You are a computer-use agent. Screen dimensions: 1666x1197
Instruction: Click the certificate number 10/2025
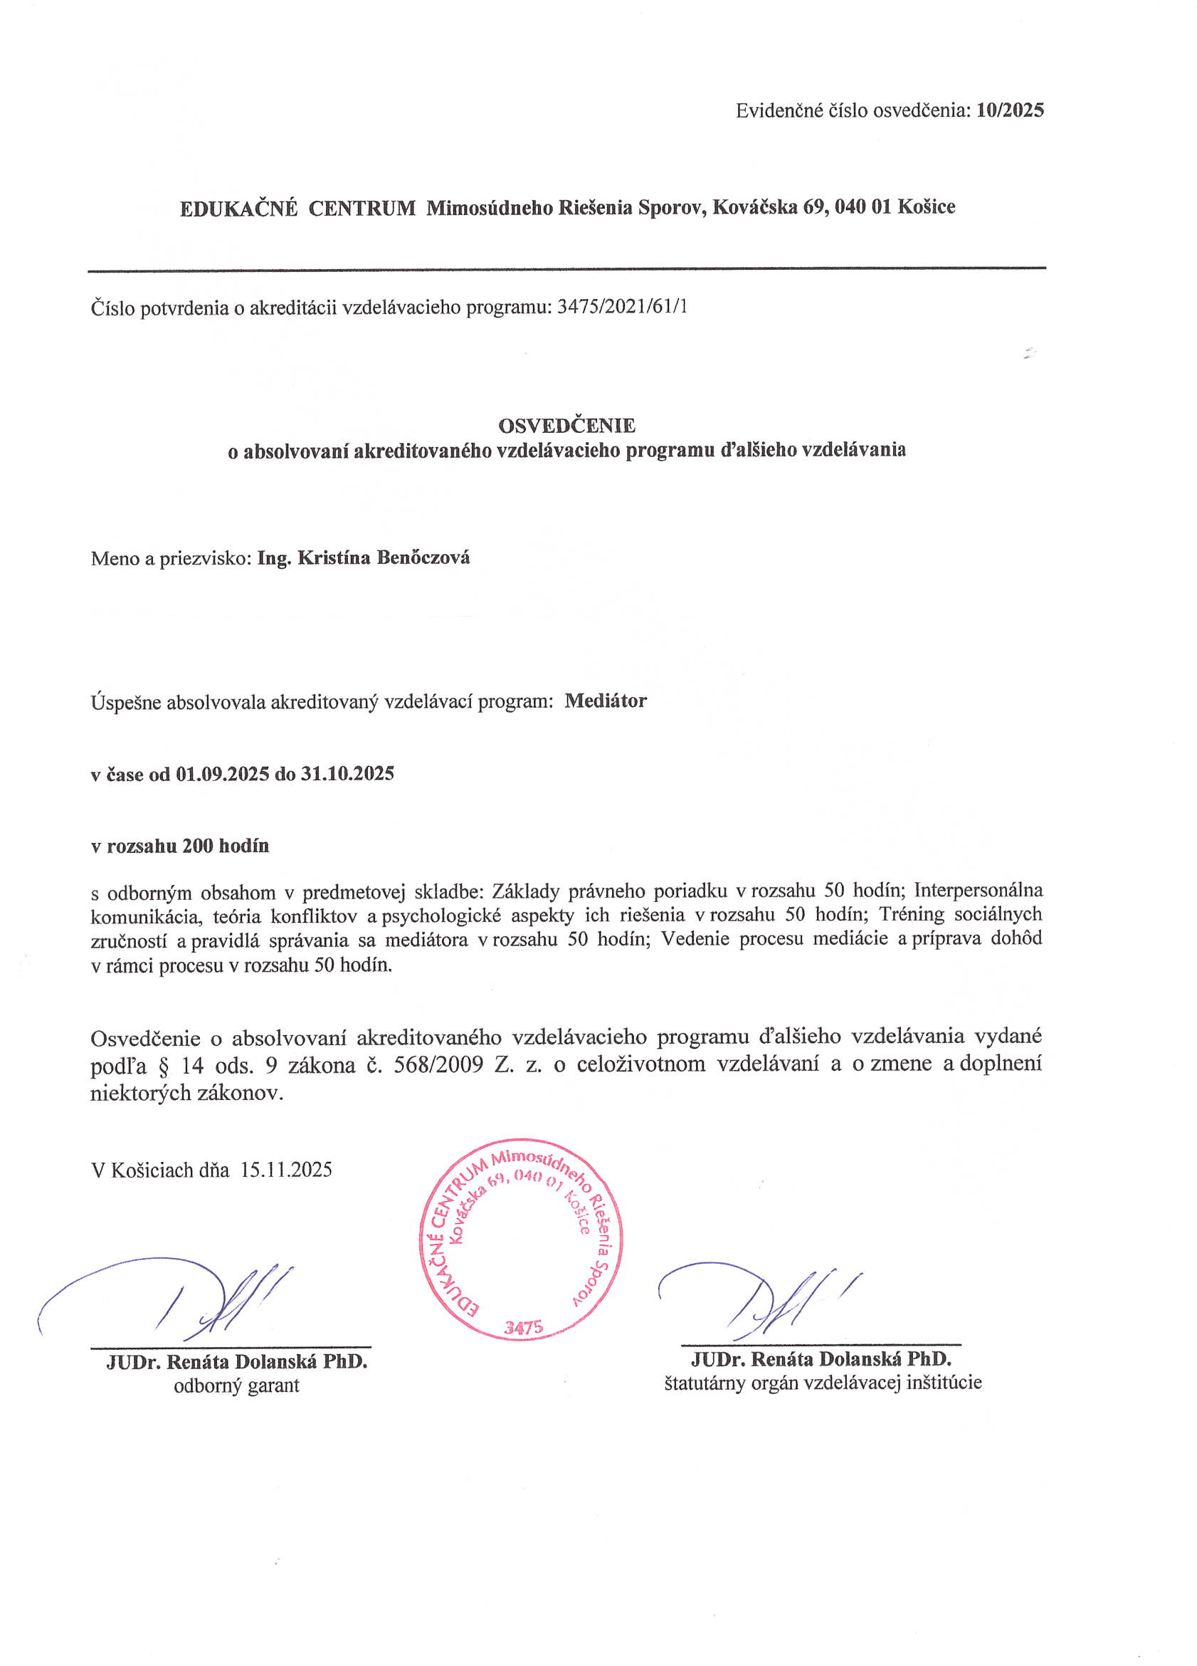coord(1010,111)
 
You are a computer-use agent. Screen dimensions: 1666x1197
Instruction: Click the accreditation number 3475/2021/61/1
coord(623,307)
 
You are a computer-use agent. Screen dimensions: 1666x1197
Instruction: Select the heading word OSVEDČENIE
coord(567,425)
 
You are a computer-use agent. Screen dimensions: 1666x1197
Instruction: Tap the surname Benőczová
coord(423,557)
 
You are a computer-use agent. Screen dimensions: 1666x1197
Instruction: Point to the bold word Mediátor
coord(606,701)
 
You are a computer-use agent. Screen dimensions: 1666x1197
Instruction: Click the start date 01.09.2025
coord(223,773)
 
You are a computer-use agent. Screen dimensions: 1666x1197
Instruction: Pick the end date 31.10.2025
coord(347,773)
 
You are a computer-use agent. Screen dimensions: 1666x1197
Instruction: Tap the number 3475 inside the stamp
coord(523,1326)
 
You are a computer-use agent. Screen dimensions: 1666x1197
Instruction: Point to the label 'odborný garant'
coord(236,1385)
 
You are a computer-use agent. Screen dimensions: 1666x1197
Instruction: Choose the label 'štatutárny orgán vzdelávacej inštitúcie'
coord(823,1383)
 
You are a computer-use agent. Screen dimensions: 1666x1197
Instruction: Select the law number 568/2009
coord(438,1064)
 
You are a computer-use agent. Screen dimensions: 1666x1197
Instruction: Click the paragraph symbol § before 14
coord(164,1065)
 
